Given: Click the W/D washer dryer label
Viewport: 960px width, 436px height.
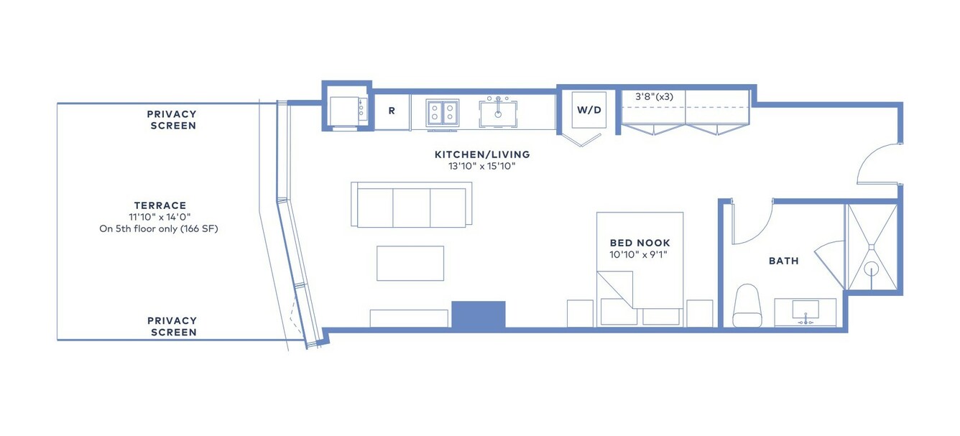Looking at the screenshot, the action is tap(589, 110).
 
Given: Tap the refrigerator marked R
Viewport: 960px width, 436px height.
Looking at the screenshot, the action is tap(392, 112).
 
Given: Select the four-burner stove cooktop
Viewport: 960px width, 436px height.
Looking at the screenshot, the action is tap(443, 112).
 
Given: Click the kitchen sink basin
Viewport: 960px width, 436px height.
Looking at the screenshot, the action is tap(497, 113).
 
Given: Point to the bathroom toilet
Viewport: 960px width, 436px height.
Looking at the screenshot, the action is tap(747, 305).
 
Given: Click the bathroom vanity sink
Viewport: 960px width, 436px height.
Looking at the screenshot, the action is tap(806, 310).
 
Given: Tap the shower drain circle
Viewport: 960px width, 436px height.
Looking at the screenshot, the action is tap(872, 269).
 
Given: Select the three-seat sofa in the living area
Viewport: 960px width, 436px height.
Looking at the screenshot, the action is tap(412, 204).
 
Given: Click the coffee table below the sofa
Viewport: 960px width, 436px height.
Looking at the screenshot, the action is tap(410, 263).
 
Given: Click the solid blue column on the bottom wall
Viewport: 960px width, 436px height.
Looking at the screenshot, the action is tap(479, 315).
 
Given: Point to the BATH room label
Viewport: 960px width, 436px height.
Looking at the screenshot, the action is tap(783, 261).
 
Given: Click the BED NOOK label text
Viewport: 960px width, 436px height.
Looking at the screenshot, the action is tap(640, 243).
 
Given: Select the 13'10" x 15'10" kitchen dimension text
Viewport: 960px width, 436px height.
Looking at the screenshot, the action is tap(481, 166).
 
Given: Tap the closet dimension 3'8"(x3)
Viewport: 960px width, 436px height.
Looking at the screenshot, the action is tap(654, 97).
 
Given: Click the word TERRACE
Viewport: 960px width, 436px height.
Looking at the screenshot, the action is tap(160, 205).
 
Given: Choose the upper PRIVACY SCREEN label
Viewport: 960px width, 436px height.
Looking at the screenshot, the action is tap(172, 120).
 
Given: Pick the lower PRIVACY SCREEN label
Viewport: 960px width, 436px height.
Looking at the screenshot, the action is tap(172, 326).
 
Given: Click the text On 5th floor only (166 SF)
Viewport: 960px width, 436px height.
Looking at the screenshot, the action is tap(159, 228).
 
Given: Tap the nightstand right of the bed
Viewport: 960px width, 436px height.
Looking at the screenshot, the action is tap(699, 313).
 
